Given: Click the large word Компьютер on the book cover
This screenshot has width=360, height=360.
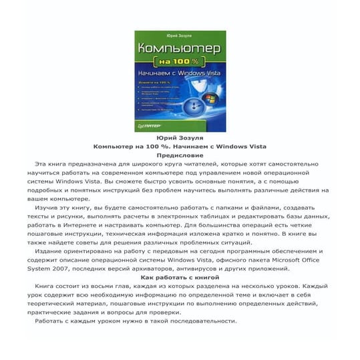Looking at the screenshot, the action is [x=180, y=49].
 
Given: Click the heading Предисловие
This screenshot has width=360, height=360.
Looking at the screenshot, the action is [x=179, y=154].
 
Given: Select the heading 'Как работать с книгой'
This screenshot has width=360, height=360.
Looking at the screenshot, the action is [x=180, y=276].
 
